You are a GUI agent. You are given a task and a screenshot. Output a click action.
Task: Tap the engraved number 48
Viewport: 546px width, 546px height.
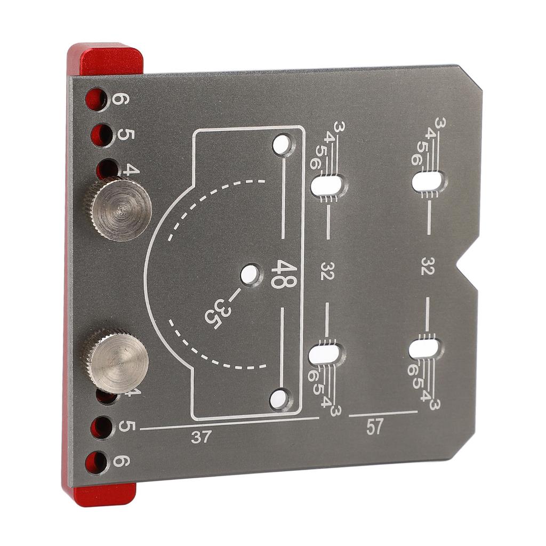[282, 274]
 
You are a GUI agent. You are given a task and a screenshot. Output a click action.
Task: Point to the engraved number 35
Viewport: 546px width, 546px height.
[214, 314]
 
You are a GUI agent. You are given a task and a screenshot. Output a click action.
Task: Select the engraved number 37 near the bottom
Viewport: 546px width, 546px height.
[201, 437]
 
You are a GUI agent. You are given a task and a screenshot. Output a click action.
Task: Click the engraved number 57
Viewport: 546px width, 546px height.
[375, 427]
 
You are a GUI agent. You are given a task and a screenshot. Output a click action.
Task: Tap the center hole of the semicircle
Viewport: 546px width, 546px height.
[248, 275]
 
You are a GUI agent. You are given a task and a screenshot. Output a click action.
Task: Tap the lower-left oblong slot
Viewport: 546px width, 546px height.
[325, 354]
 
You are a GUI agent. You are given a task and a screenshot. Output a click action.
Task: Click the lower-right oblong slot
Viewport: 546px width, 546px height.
[425, 349]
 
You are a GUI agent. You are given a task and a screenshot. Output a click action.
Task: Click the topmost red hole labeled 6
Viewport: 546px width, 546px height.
[97, 100]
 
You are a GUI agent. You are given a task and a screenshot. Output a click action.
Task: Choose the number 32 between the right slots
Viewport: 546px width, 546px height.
[428, 267]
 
